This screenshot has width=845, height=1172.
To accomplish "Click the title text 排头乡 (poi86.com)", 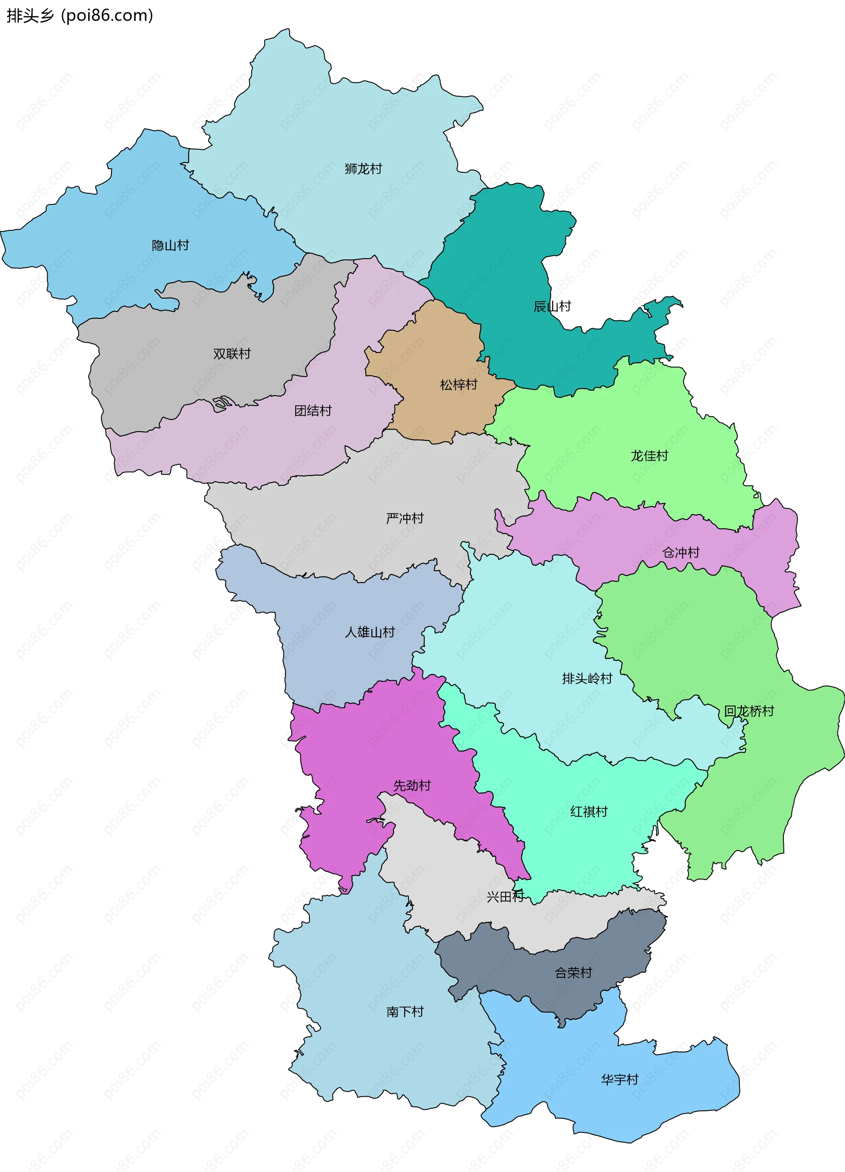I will (80, 15).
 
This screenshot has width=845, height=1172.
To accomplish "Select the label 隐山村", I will (170, 245).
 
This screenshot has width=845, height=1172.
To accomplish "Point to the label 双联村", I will (231, 354).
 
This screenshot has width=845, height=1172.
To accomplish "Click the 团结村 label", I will (312, 411).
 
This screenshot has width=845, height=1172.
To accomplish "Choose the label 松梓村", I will (458, 385).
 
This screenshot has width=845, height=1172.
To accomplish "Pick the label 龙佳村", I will (649, 456).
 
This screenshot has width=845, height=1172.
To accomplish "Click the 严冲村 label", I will (404, 518).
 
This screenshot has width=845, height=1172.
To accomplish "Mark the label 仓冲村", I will (680, 552).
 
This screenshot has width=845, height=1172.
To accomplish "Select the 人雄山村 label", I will (369, 632).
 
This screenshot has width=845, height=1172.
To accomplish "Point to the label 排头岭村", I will (587, 679).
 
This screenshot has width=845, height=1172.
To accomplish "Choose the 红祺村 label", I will (588, 811).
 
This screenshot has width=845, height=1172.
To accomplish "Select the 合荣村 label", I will (573, 972).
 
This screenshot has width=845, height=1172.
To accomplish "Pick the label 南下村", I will (404, 1011).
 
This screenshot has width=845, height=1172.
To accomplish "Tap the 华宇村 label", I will (619, 1079).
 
